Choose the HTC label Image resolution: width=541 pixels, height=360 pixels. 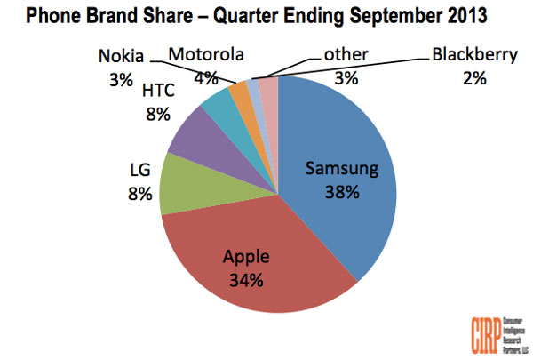pyautogui.click(x=160, y=90)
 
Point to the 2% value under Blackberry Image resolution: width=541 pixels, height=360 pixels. pyautogui.click(x=473, y=77)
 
